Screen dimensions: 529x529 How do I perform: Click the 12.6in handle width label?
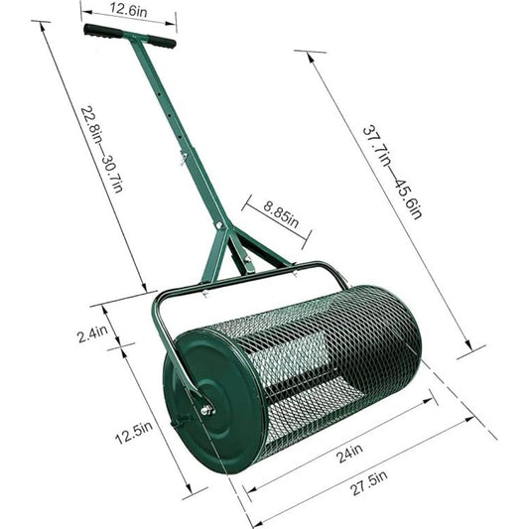click(x=128, y=11)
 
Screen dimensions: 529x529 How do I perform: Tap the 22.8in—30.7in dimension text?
click(x=102, y=150)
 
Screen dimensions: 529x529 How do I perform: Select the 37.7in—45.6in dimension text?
click(x=392, y=173)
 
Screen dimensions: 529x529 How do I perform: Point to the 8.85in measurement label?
click(x=281, y=214)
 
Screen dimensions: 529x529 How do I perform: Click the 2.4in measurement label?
click(x=92, y=333)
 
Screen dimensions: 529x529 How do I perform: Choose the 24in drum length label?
click(x=350, y=453)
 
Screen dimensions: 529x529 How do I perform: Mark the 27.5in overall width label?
click(x=369, y=483)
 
